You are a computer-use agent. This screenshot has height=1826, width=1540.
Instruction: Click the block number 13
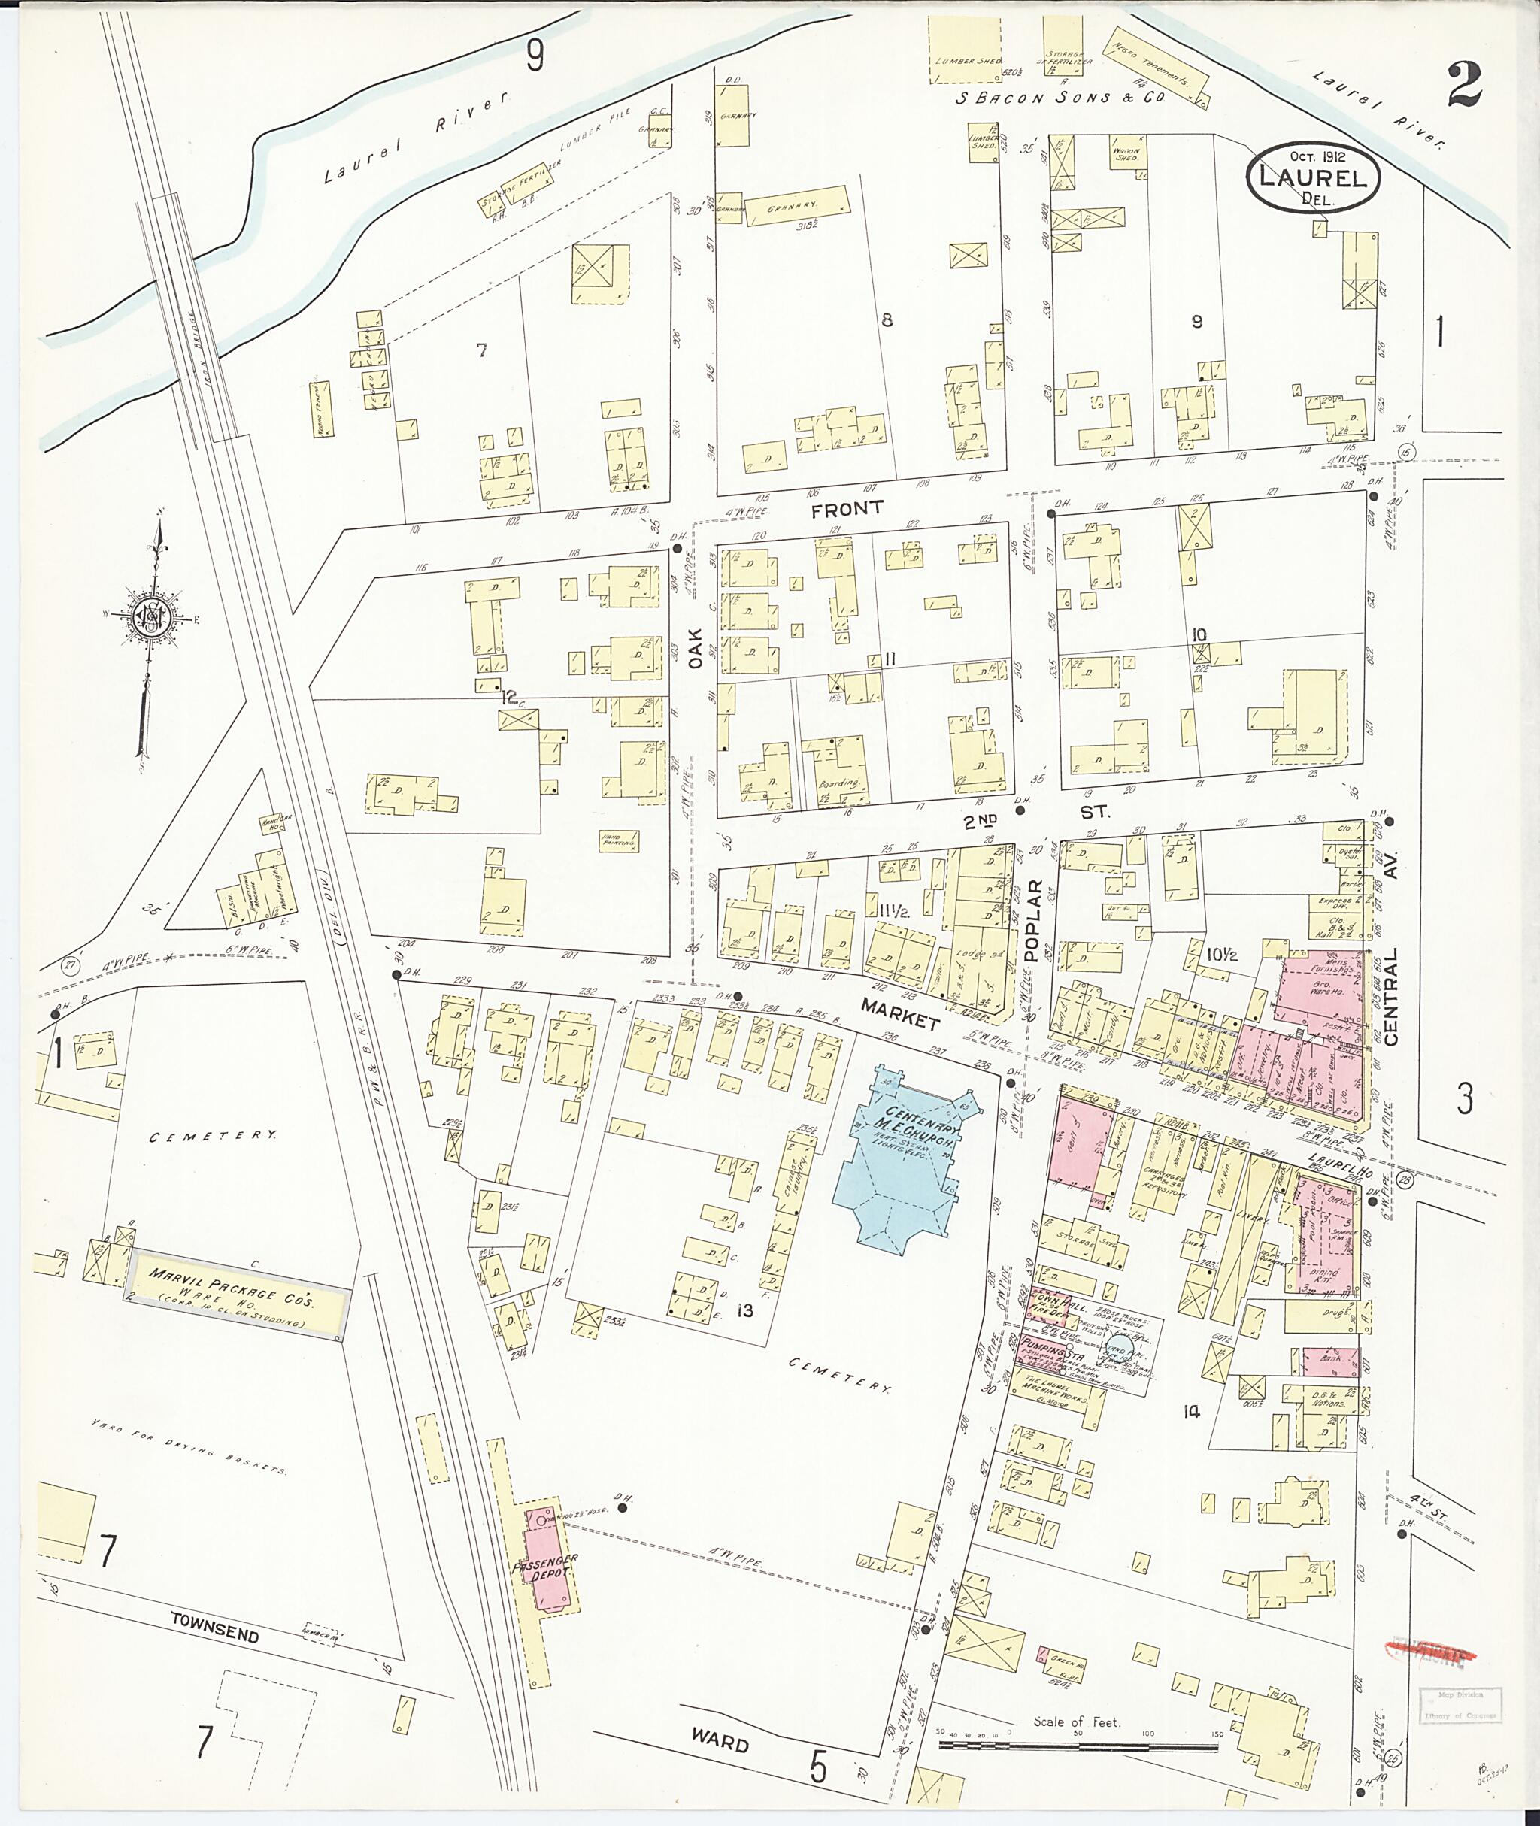(744, 1310)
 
